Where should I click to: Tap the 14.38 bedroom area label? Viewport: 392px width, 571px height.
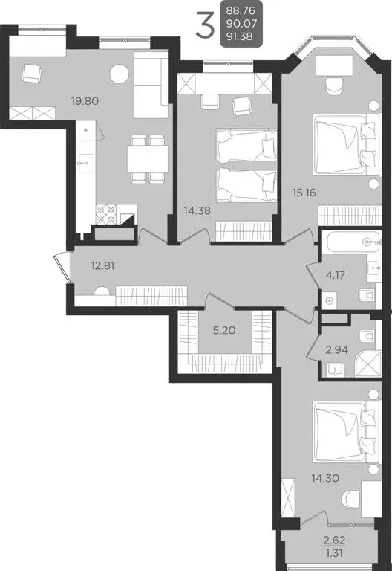tap(197, 210)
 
